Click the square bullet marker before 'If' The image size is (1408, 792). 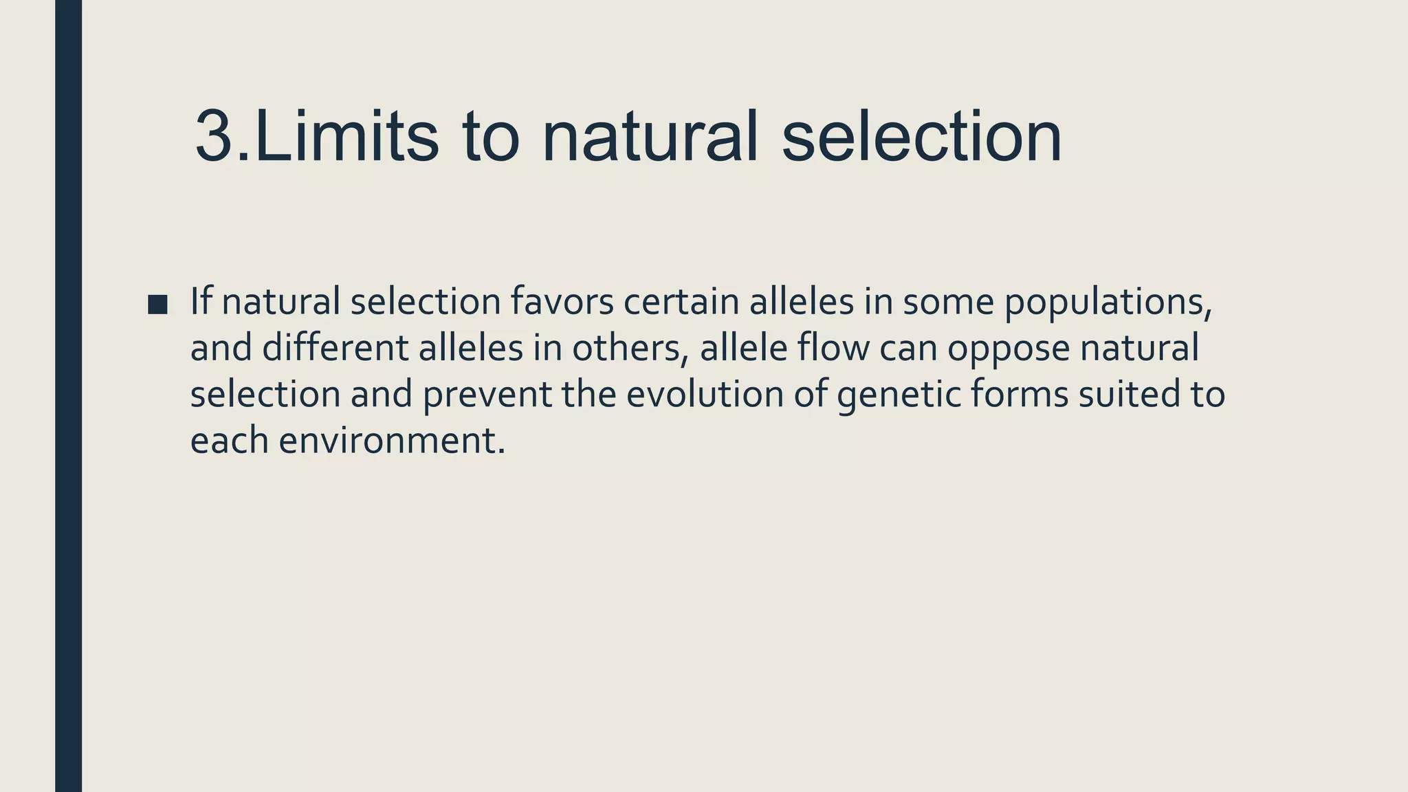(157, 305)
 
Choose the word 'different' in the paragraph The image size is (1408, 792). (334, 348)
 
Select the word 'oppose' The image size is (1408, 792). (1008, 349)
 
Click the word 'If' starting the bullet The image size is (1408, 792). (200, 302)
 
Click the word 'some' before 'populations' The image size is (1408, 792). (947, 302)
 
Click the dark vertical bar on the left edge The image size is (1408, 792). (68, 396)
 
